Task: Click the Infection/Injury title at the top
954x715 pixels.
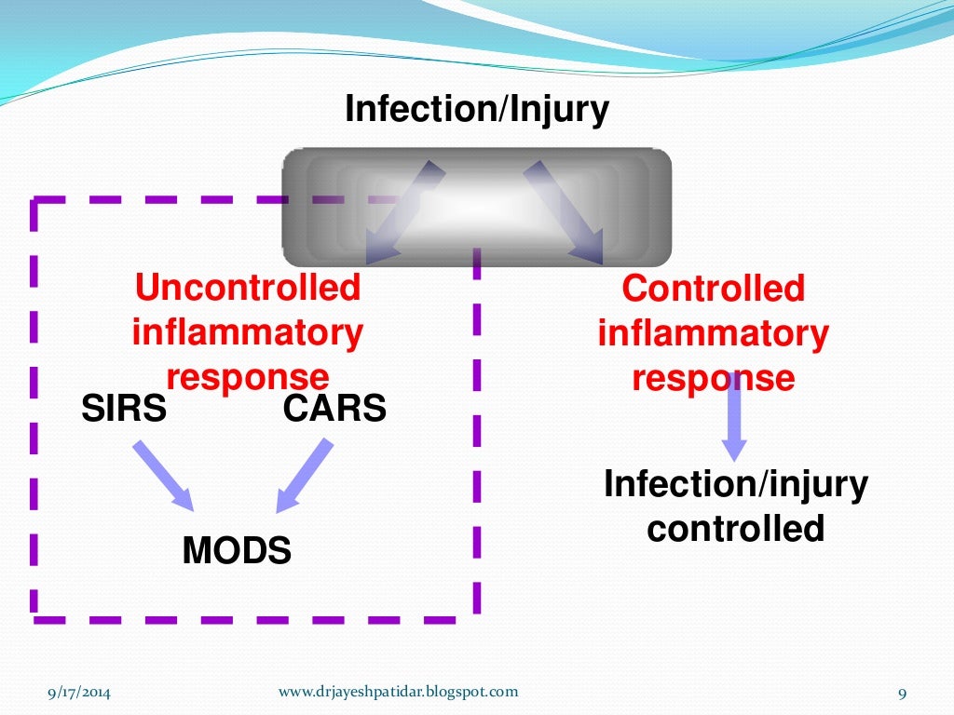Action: (476, 110)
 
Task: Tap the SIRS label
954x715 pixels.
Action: (124, 408)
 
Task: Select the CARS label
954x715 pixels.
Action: (334, 408)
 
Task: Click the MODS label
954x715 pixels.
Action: (237, 551)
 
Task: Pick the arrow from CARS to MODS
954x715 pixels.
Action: (305, 475)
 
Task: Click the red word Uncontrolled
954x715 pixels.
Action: (247, 288)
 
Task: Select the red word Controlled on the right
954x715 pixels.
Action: (713, 289)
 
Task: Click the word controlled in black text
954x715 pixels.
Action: (736, 529)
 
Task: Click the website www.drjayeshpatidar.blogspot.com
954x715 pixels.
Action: (398, 692)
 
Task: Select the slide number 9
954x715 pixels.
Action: (902, 693)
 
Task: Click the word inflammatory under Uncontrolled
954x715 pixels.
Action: (247, 332)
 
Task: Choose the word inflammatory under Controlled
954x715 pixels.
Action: (713, 333)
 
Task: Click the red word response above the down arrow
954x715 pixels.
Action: (713, 378)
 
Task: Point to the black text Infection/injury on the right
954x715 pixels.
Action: (736, 485)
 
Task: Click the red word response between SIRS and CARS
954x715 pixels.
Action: (247, 376)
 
